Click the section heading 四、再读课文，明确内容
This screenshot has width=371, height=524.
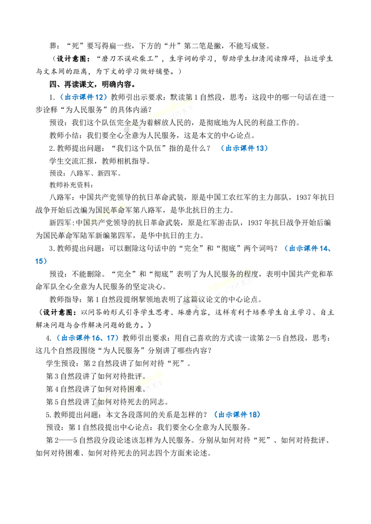92,84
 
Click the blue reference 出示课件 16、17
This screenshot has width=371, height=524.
89,338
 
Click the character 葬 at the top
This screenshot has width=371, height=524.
53,46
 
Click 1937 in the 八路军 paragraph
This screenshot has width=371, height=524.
303,198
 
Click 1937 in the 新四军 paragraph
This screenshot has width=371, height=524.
255,223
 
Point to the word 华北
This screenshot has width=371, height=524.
190,210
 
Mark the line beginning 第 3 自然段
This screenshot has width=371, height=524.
96,376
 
